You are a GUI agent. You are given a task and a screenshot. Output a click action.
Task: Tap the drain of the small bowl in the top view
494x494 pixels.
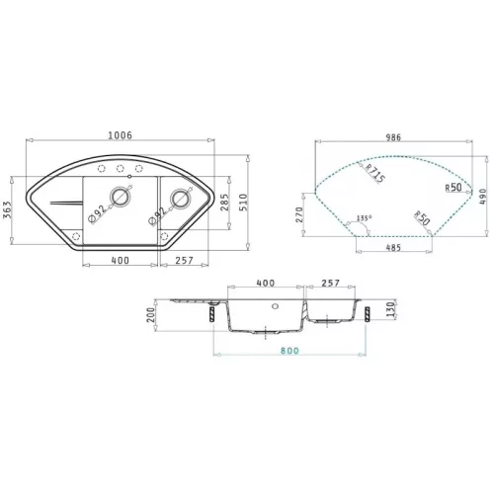(181, 199)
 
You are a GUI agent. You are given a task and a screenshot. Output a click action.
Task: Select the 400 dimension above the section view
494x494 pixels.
(266, 284)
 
